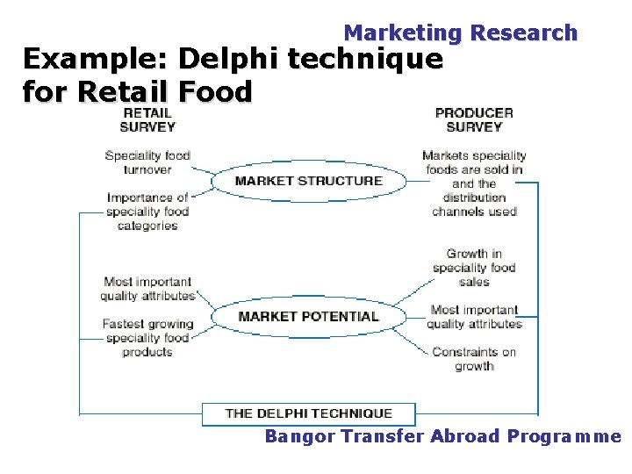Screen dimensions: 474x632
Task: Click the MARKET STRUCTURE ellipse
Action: (309, 182)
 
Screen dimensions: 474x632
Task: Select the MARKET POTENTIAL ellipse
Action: (309, 316)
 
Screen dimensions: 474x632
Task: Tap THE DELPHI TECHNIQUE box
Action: (309, 413)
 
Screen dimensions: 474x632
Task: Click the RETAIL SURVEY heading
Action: (147, 119)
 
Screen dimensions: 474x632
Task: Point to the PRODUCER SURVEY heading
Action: (474, 119)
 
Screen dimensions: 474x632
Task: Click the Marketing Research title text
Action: (460, 33)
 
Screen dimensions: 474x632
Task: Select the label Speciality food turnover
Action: (147, 162)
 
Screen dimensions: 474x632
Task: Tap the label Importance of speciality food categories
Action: (147, 212)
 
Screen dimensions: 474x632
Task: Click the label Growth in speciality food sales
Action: (474, 268)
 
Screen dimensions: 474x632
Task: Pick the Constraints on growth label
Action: (474, 359)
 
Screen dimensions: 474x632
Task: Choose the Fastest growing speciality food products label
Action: (147, 338)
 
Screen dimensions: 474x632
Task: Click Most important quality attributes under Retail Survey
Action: (147, 289)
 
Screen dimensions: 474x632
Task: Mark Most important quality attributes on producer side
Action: (474, 317)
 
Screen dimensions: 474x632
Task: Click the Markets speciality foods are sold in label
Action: (474, 183)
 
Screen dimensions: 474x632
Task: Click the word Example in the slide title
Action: (95, 60)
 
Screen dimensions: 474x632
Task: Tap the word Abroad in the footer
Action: (464, 436)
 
